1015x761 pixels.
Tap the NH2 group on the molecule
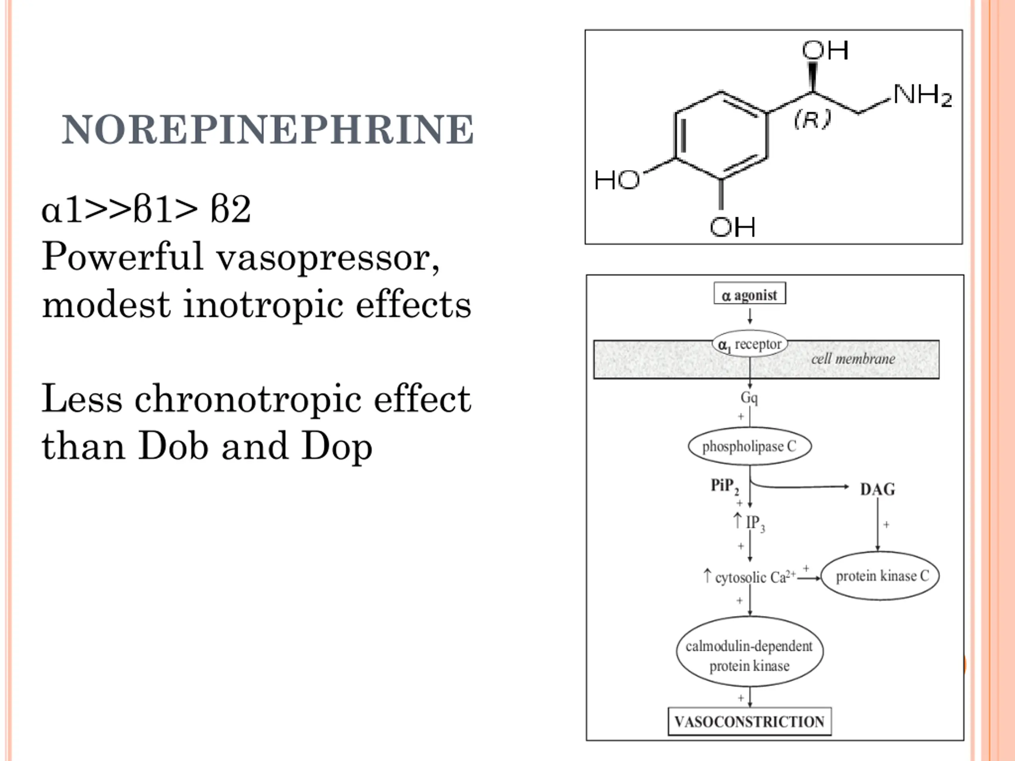coord(922,96)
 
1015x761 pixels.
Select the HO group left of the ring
coord(617,180)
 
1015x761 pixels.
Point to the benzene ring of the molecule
coord(721,136)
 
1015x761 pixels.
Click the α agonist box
coord(750,294)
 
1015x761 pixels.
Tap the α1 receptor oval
coord(750,344)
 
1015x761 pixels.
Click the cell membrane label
coord(853,359)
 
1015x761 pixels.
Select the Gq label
coord(749,397)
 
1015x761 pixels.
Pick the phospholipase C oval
coord(750,446)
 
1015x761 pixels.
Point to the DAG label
coord(877,489)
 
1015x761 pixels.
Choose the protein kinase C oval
coord(881,576)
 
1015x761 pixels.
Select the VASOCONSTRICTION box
coord(750,721)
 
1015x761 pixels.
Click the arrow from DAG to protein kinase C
coord(878,524)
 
